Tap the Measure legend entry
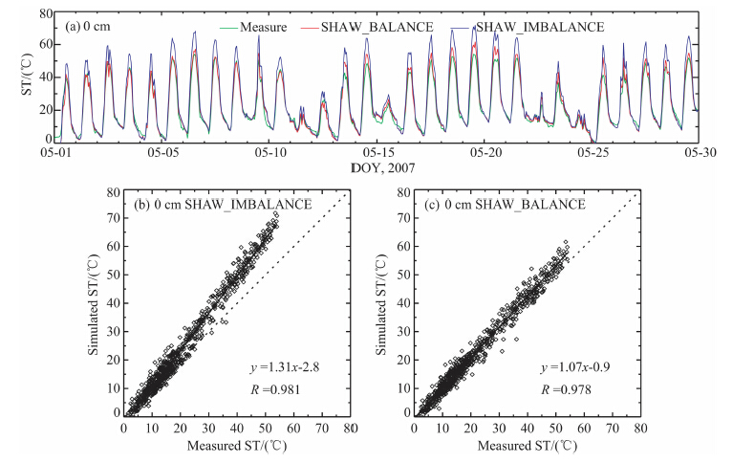tap(266, 28)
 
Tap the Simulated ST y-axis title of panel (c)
tap(385, 303)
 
